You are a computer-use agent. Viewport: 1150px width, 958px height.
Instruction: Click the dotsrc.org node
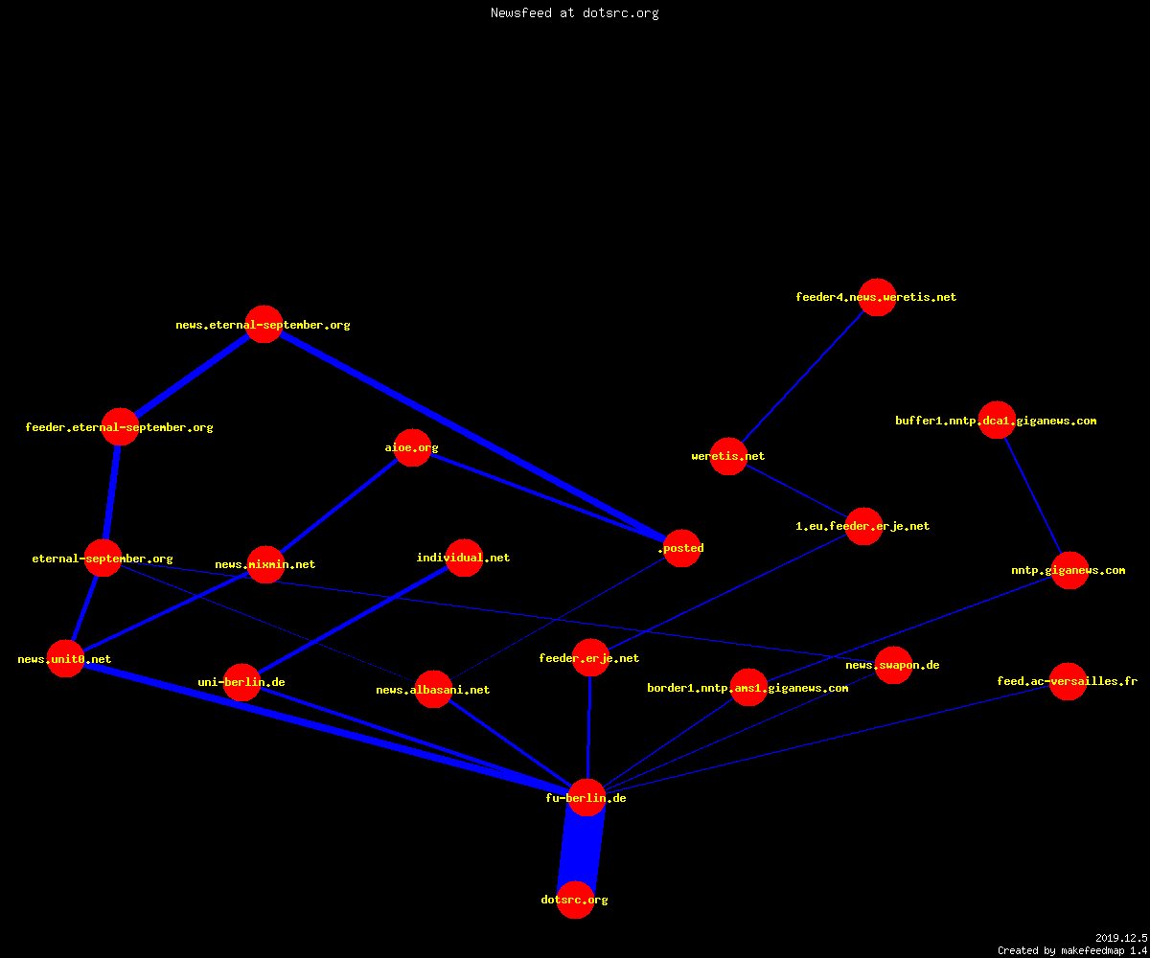(576, 900)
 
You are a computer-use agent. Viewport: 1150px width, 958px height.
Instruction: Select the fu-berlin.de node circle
(587, 797)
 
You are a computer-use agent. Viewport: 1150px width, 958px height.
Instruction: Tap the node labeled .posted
(681, 548)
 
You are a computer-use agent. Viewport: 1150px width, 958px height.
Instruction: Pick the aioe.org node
(412, 447)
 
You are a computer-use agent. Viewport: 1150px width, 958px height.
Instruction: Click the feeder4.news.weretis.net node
(877, 297)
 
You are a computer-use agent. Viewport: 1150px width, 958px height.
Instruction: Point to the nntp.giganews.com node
(1069, 570)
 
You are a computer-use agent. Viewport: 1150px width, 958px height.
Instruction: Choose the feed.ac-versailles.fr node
(1068, 681)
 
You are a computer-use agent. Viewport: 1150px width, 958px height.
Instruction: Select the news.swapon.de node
(893, 665)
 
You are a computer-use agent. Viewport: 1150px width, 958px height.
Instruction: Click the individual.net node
(464, 558)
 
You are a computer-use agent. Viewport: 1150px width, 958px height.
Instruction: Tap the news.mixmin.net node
(265, 564)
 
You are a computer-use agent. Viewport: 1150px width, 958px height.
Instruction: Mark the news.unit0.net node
(65, 658)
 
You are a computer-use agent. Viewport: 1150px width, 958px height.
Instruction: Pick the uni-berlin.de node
(241, 682)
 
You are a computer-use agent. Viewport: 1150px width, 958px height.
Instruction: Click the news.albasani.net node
(433, 690)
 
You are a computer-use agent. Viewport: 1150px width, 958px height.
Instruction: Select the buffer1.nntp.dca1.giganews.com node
(997, 421)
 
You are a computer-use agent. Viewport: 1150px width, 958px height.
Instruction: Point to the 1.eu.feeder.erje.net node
(863, 526)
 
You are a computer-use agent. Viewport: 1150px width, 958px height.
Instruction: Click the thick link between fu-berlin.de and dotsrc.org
(582, 849)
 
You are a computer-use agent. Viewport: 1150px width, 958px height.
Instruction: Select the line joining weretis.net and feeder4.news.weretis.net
(802, 377)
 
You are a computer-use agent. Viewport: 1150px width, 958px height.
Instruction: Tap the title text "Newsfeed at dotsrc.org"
(574, 13)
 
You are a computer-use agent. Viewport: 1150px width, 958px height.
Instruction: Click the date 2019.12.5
(1121, 938)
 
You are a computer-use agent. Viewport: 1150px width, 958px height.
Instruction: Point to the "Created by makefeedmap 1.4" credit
(1072, 951)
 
